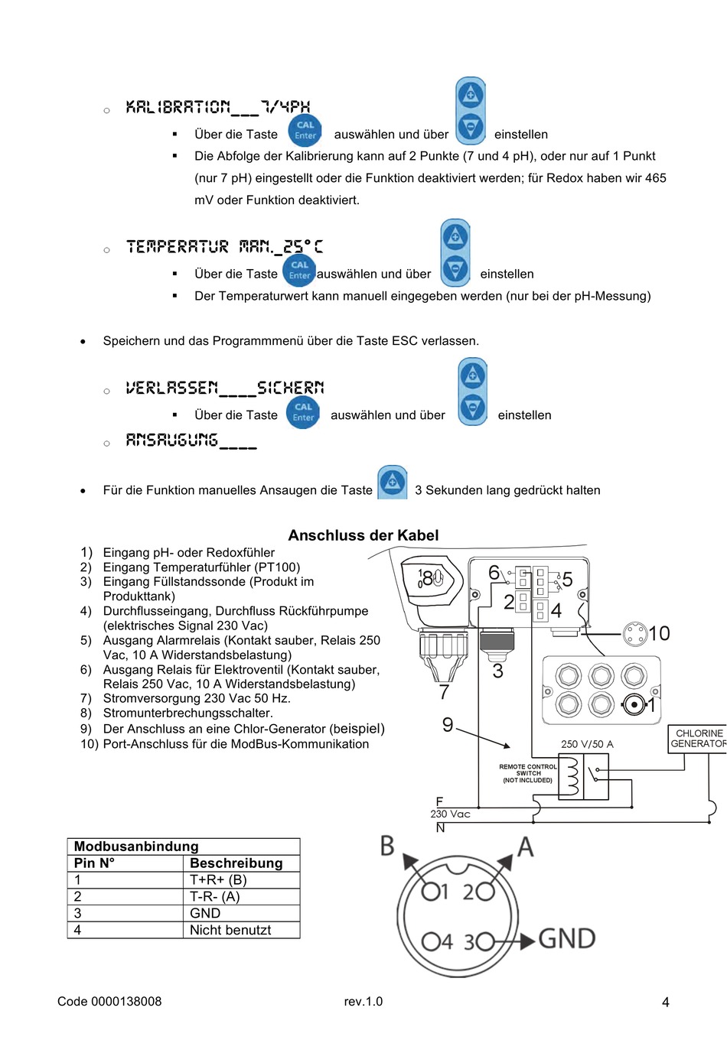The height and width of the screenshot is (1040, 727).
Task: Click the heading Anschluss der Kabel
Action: click(363, 535)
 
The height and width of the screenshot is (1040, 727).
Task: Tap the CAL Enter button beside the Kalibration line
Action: click(305, 130)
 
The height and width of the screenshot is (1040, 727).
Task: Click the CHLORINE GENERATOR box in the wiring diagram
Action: click(698, 739)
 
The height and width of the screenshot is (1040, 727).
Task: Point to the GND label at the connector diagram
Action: click(566, 938)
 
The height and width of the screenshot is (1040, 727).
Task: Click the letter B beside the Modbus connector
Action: click(387, 846)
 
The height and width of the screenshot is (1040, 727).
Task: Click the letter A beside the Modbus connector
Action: click(525, 847)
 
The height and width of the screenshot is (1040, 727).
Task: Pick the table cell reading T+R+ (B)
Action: click(218, 879)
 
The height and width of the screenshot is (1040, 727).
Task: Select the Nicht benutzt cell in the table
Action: click(230, 930)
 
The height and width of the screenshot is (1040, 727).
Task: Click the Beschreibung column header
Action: click(236, 863)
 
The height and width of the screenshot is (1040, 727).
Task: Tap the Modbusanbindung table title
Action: click(136, 846)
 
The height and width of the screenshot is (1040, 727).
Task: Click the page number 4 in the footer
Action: click(665, 1002)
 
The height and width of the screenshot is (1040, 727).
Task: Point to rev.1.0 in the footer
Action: click(363, 1001)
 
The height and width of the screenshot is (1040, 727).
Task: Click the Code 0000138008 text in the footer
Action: click(109, 1001)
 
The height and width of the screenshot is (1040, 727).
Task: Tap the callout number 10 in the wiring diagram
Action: click(659, 633)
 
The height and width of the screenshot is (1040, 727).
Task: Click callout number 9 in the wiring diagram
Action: click(448, 724)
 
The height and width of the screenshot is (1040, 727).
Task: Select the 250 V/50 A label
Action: click(587, 743)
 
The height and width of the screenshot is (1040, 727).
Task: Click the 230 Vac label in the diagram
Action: click(450, 814)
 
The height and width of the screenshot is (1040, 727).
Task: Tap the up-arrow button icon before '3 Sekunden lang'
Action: click(393, 482)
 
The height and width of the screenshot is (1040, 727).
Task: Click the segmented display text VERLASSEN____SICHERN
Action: click(224, 388)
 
